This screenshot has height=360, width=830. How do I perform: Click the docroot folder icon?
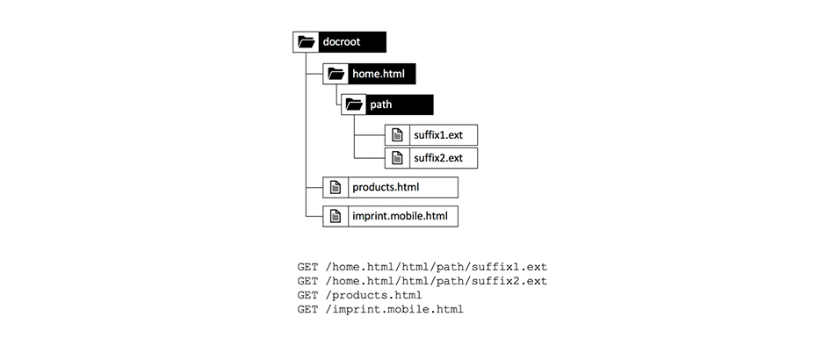306,41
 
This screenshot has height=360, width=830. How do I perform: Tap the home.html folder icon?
335,74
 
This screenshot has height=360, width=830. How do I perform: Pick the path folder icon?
354,104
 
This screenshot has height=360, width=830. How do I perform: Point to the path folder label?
381,104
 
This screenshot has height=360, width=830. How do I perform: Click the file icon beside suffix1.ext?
397,136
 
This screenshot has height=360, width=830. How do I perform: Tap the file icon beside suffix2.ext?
397,158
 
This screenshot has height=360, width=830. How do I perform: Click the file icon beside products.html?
335,187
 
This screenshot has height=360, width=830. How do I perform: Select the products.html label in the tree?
386,187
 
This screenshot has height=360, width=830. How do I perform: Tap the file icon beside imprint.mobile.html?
335,215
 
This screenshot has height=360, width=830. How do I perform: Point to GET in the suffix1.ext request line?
308,266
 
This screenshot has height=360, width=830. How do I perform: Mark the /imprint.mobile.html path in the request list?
394,310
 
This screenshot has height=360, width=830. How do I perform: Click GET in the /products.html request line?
308,295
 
